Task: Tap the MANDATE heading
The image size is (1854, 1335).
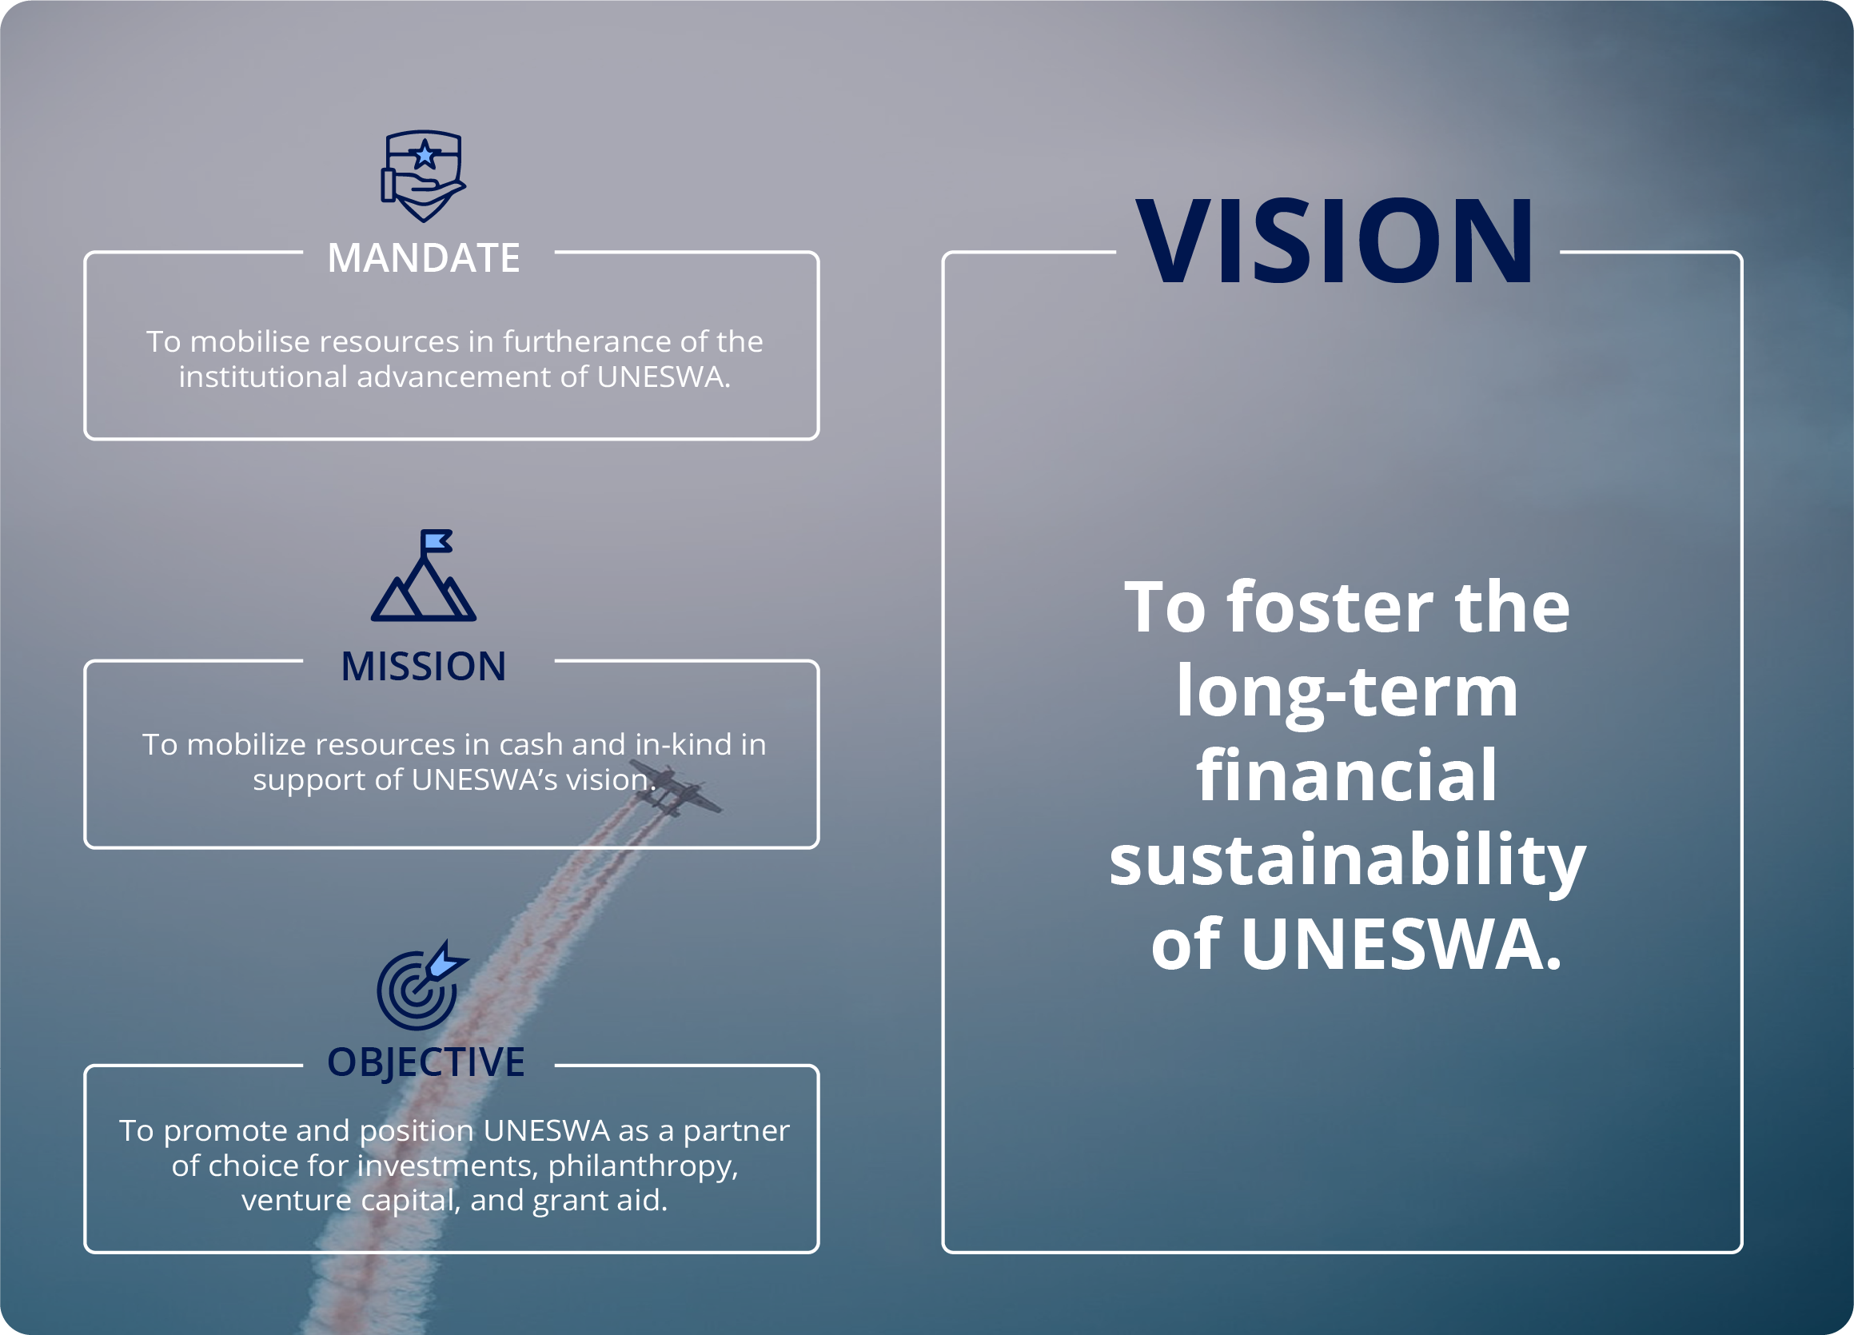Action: click(x=424, y=258)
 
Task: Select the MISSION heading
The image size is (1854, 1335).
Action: click(x=424, y=666)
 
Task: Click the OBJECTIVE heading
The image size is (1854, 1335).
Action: click(x=426, y=1062)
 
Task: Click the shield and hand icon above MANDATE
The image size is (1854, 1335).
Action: click(x=424, y=176)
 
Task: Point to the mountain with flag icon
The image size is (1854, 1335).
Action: click(x=424, y=576)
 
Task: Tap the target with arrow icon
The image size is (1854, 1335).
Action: click(x=422, y=985)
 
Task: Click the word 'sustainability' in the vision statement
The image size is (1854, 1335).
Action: click(x=1347, y=861)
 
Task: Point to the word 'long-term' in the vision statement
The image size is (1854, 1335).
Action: click(x=1347, y=691)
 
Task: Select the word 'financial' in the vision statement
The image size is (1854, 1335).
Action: click(x=1347, y=774)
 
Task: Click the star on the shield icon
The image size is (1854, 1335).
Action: click(x=425, y=153)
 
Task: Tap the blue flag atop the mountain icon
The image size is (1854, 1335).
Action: click(x=437, y=541)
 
